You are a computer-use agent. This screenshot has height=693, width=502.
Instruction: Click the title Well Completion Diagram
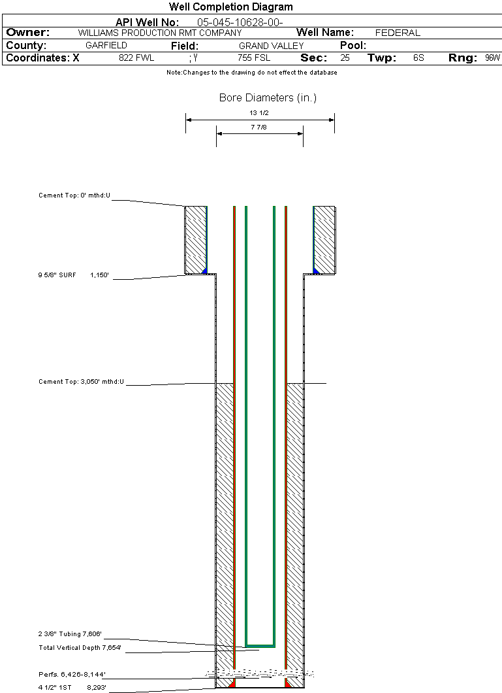pos(230,7)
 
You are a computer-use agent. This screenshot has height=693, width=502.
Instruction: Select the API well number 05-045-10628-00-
pos(240,22)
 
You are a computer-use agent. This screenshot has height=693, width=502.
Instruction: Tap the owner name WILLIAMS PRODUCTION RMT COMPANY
pos(160,33)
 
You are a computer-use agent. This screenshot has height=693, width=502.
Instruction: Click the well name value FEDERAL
pos(398,33)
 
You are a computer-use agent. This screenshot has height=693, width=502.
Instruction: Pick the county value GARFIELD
pos(106,46)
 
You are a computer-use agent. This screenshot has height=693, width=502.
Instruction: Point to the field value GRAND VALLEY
pos(272,46)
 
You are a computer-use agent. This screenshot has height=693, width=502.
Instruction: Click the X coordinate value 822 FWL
pos(136,58)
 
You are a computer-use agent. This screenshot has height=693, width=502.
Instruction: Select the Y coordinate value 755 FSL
pos(254,58)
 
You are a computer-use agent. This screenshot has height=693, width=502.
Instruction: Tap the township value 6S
pos(418,58)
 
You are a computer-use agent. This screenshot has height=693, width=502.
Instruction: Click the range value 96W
pos(493,58)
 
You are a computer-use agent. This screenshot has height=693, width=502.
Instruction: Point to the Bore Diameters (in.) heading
pos(268,97)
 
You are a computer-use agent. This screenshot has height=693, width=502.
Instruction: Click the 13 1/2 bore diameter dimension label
pos(259,112)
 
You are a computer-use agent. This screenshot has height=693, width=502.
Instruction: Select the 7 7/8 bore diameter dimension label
pos(259,127)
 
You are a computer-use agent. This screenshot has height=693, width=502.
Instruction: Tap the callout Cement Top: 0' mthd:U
pos(74,195)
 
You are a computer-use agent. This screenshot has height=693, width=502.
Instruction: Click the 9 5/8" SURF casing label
pos(57,275)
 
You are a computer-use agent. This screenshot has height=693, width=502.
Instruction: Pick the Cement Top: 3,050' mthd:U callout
pos(81,382)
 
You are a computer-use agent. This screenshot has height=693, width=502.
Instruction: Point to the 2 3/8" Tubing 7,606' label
pos(70,634)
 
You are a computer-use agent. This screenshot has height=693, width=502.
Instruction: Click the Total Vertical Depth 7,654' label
pos(80,648)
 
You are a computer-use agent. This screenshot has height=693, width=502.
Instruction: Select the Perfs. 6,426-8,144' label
pos(72,675)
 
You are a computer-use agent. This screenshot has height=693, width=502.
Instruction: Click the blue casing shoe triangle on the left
pos(204,271)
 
